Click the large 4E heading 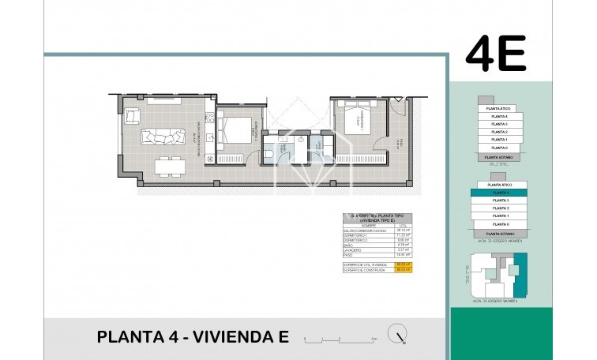click(x=495, y=54)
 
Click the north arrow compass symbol click(x=396, y=335)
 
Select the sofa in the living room click(x=164, y=137)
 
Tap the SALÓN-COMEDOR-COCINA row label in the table click(x=366, y=230)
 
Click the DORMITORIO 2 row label click(x=356, y=240)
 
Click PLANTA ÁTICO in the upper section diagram click(x=498, y=109)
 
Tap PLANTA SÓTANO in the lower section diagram click(x=498, y=234)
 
